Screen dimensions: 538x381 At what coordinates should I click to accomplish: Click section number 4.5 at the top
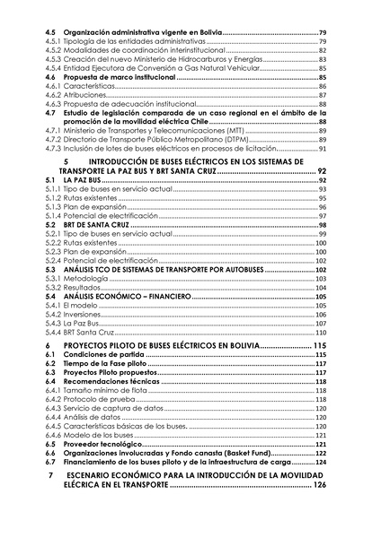51,32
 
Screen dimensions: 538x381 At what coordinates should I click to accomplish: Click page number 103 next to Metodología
320,279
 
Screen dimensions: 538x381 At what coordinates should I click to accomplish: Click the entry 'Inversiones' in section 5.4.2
83,315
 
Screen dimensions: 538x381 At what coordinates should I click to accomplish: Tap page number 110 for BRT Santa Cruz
320,332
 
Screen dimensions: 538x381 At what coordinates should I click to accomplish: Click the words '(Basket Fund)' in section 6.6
246,453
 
